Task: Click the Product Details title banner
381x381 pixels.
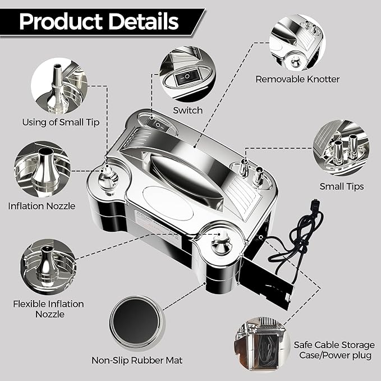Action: pos(102,22)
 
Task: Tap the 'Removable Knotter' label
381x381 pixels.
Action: pos(297,79)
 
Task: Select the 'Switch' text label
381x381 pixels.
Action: pos(187,111)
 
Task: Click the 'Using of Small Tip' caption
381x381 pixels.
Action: pos(61,122)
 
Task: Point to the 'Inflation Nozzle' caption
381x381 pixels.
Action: pos(42,206)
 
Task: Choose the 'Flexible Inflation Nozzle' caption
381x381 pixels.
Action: pos(48,309)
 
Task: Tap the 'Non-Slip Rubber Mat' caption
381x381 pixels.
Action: pos(137,360)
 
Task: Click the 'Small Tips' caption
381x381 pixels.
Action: pos(342,187)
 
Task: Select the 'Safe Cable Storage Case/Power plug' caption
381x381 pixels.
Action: pos(334,350)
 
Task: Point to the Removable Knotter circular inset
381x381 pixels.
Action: pos(297,43)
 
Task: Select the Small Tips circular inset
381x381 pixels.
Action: pos(341,148)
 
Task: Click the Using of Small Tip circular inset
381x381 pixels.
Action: pos(59,86)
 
